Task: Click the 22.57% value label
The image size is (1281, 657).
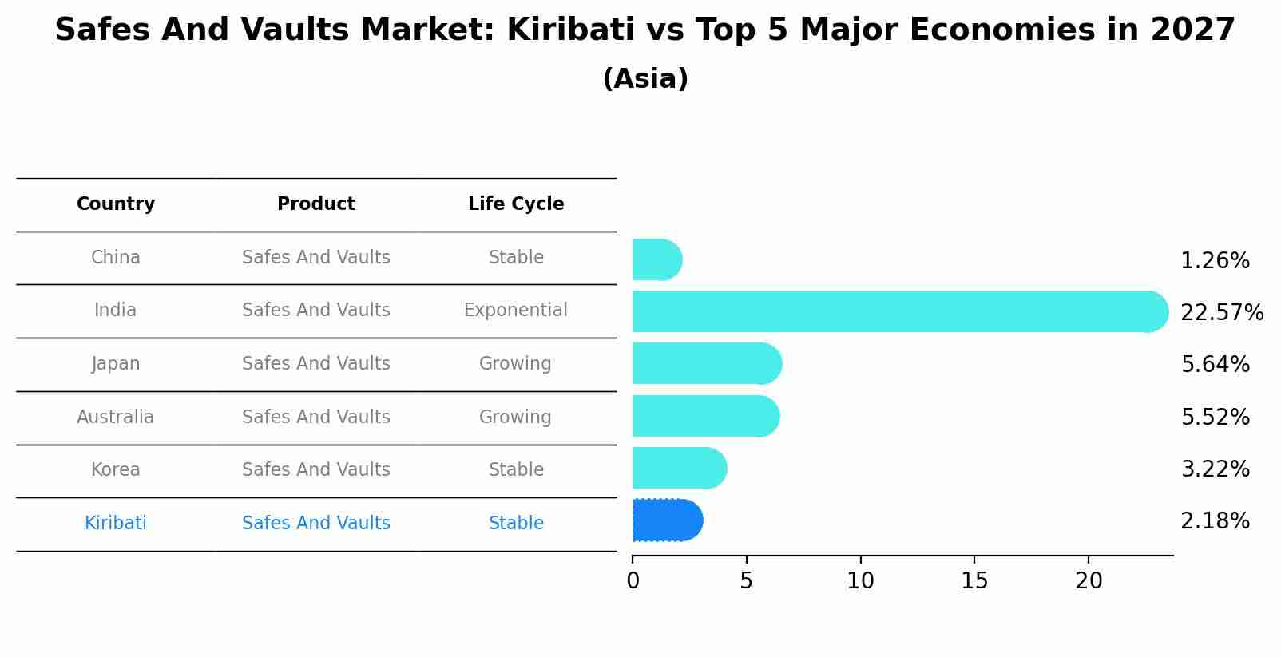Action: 1221,312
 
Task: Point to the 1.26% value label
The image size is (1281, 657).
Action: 1214,260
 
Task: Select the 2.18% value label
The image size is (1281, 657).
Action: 1214,521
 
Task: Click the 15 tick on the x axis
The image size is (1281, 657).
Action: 974,581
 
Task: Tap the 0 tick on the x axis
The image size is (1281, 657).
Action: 633,581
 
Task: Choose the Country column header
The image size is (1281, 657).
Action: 116,204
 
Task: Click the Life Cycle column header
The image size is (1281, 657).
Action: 516,204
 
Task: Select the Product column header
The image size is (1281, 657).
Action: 316,204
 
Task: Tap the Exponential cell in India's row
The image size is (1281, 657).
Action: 516,310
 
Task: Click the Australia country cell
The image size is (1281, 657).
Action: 116,417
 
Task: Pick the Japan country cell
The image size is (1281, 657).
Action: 116,363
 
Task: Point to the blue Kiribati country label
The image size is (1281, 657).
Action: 116,523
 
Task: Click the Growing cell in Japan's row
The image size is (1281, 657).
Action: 516,363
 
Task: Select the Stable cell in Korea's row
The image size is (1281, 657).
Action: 516,469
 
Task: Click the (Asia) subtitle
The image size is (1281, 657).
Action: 645,79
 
